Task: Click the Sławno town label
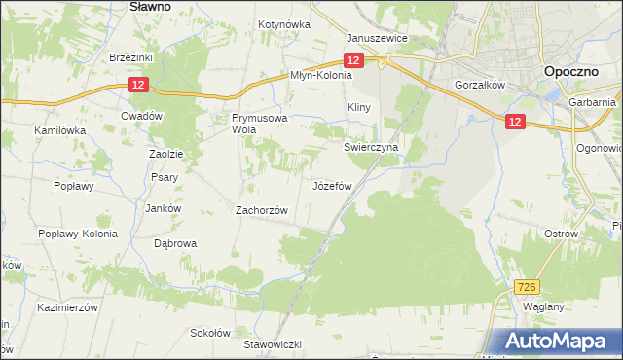pos(150,6)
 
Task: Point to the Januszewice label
pos(378,39)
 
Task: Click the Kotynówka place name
pos(284,25)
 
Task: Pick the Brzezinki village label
pos(131,57)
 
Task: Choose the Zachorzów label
pos(262,210)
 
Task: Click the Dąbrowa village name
pos(175,244)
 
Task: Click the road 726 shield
pos(527,286)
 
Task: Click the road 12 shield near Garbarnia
pos(515,120)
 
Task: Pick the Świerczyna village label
pos(372,147)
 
